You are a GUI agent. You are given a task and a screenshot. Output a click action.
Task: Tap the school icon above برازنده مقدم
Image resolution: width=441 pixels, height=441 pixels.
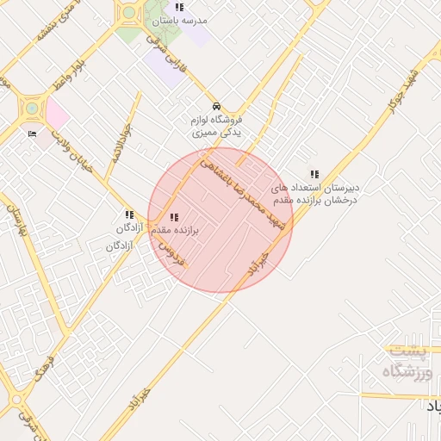[x=175, y=217]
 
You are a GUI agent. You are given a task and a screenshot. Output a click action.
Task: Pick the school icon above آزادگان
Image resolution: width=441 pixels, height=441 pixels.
[x=128, y=214]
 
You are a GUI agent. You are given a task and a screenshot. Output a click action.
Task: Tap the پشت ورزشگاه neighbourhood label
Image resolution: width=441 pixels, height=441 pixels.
[x=407, y=363]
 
